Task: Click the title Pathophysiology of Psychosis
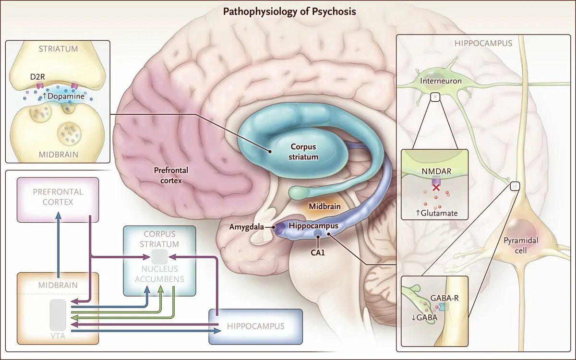coord(289,11)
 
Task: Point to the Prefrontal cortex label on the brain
coord(171,175)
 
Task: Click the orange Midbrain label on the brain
coord(325,206)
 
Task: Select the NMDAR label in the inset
coord(434,171)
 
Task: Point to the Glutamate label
coord(437,213)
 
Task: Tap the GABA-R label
coord(444,298)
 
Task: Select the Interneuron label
coord(441,81)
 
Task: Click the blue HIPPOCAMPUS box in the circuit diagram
coord(256,326)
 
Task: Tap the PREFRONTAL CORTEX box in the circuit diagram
coord(58,197)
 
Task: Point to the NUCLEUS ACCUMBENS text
coord(159,274)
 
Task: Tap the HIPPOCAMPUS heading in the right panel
coord(483,43)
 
